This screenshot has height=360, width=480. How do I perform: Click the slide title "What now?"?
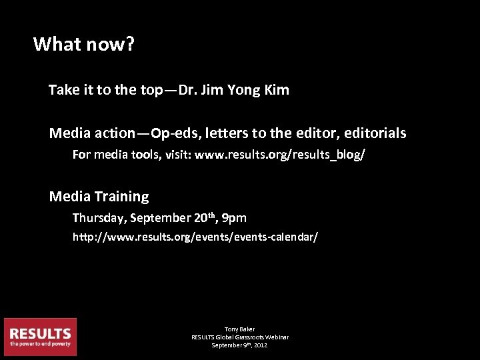[84, 45]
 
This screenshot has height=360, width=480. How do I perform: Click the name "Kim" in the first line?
[277, 90]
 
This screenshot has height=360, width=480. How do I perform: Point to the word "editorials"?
[375, 133]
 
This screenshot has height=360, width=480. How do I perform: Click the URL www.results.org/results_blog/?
[279, 155]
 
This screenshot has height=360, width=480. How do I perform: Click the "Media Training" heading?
[99, 197]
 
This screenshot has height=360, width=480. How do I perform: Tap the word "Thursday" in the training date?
[99, 218]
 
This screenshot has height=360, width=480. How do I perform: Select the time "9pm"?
[234, 218]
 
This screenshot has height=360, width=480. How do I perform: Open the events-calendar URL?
[195, 237]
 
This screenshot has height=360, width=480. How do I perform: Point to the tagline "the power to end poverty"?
[40, 344]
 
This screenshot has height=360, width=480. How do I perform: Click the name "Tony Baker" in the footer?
[240, 329]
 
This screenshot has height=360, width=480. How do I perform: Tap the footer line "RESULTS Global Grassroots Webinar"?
[240, 337]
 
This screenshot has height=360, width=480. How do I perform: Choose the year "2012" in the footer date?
[261, 345]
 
